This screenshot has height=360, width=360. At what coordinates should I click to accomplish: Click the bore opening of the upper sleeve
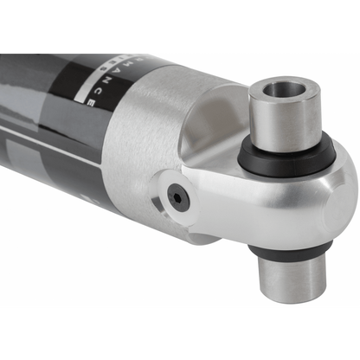coord(284,90)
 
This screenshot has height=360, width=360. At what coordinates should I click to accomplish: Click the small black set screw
coord(179,198)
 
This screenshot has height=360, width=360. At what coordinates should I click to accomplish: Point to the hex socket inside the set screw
coord(179,198)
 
